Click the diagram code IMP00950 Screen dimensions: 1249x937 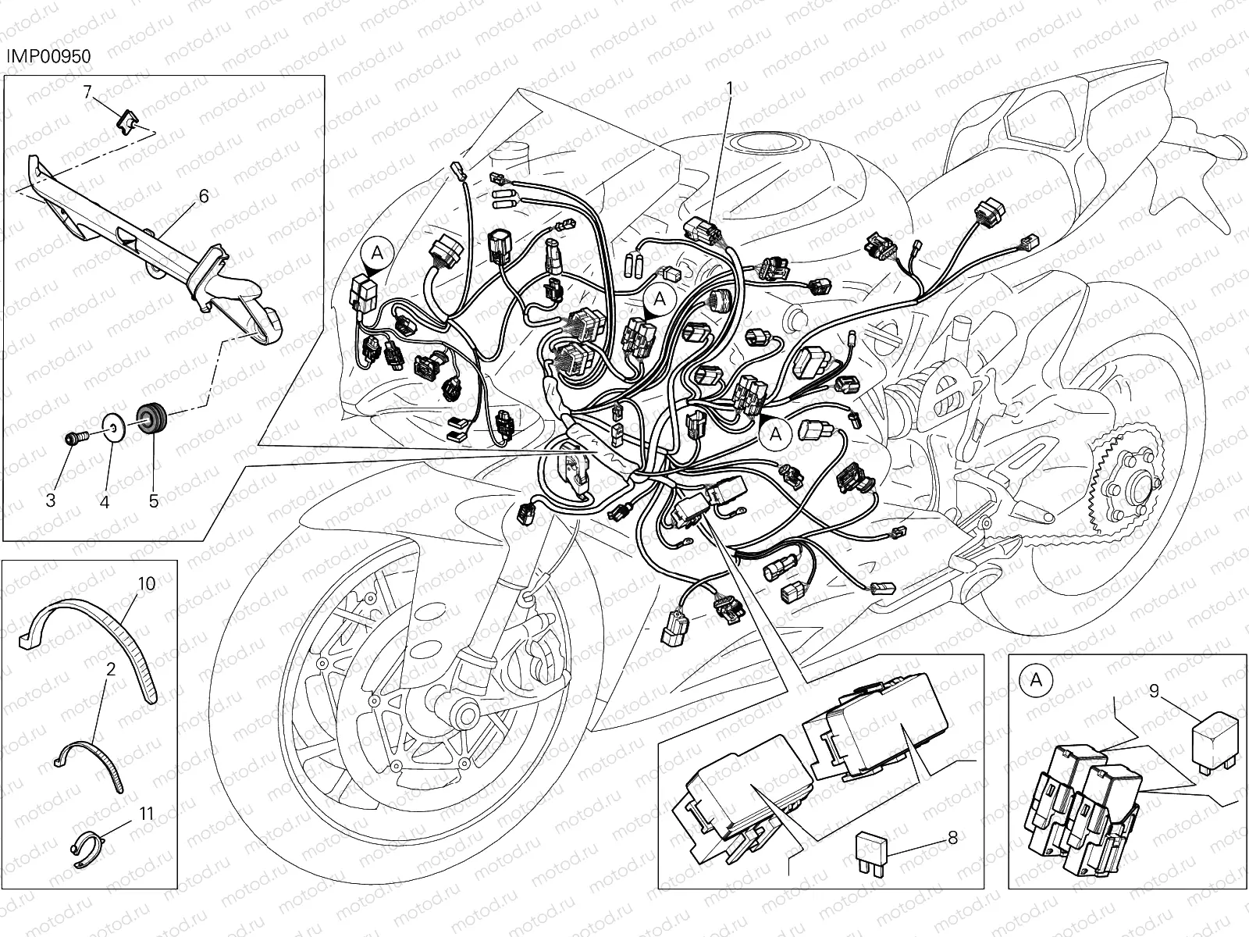[48, 56]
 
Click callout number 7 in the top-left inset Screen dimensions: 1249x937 [87, 91]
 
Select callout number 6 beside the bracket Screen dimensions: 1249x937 [204, 196]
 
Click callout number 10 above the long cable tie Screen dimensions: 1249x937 [147, 584]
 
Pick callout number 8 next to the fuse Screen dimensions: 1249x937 [952, 837]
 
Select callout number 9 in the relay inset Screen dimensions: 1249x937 [1154, 691]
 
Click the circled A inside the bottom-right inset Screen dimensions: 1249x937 [1036, 680]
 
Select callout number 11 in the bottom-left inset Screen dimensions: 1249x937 [146, 814]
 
